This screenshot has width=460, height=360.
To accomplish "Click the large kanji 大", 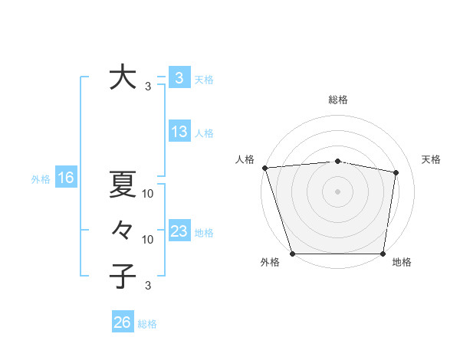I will tap(122, 78).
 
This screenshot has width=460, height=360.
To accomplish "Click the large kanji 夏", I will tap(122, 184).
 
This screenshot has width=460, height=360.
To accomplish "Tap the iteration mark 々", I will tap(122, 229).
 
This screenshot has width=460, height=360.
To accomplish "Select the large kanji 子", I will tap(122, 275).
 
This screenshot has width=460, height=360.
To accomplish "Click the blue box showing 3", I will tap(179, 77).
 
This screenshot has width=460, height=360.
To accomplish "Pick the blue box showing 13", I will tap(179, 132).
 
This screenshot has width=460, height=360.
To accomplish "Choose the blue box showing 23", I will tap(179, 231).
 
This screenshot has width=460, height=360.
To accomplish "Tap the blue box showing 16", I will tap(65, 178).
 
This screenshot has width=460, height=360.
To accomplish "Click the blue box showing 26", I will tap(122, 322).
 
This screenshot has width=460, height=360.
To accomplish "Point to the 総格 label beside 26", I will tap(147, 324).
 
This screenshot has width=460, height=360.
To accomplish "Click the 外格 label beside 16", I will tap(41, 179).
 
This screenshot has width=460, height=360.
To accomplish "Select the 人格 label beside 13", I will tap(204, 133).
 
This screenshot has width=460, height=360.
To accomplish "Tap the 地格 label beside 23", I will tap(204, 233).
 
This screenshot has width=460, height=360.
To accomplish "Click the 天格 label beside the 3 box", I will tap(204, 79).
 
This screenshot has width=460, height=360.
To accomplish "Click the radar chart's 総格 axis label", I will tap(337, 100).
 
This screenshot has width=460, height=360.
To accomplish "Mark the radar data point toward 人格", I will tap(264, 168).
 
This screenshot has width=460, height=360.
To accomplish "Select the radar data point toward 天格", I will tap(396, 172).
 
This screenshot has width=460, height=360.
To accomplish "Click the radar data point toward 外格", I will tap(292, 254).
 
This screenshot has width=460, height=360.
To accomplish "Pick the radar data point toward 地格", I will tap(383, 254).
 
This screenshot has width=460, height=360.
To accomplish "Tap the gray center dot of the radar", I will tap(337, 191).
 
